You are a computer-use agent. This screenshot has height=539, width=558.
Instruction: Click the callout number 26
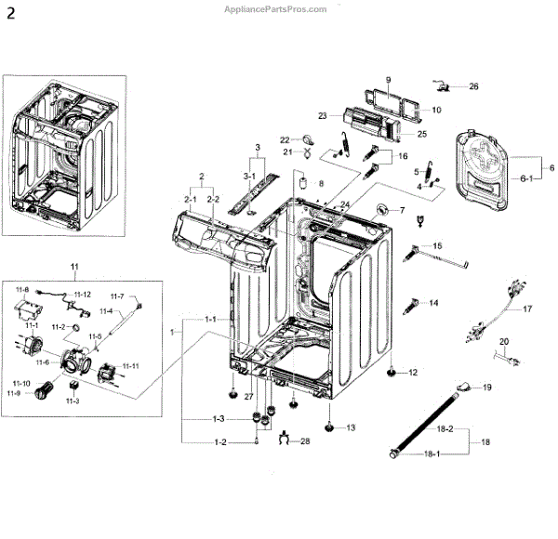pyautogui.click(x=473, y=86)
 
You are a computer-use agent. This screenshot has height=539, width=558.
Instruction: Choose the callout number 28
pyautogui.click(x=304, y=440)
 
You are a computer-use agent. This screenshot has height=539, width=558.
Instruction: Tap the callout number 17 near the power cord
pyautogui.click(x=526, y=309)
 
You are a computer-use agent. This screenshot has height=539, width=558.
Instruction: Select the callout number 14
pyautogui.click(x=433, y=303)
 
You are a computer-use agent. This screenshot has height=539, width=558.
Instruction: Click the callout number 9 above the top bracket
pyautogui.click(x=388, y=79)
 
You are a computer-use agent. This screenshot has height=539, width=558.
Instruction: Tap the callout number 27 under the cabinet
pyautogui.click(x=248, y=397)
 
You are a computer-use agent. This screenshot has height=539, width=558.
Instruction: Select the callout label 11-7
pyautogui.click(x=118, y=296)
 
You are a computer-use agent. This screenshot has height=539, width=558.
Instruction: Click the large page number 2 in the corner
pyautogui.click(x=10, y=12)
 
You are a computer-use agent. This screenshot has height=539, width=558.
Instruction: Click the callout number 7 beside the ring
pyautogui.click(x=403, y=210)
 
